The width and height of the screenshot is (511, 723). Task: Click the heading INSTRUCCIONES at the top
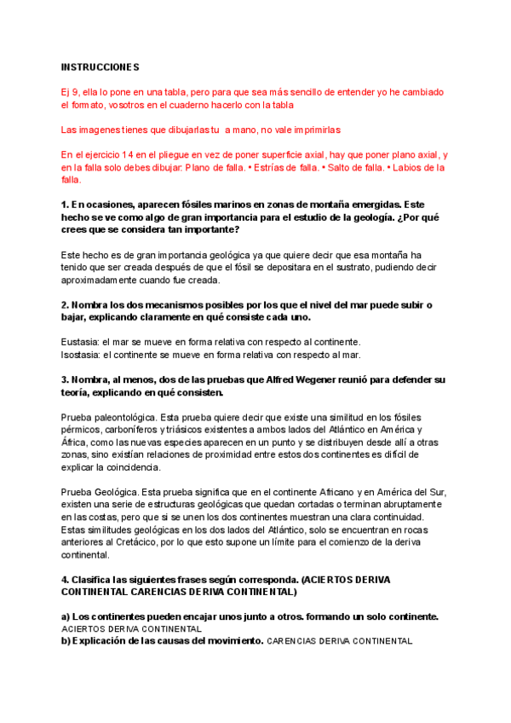click(x=100, y=67)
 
